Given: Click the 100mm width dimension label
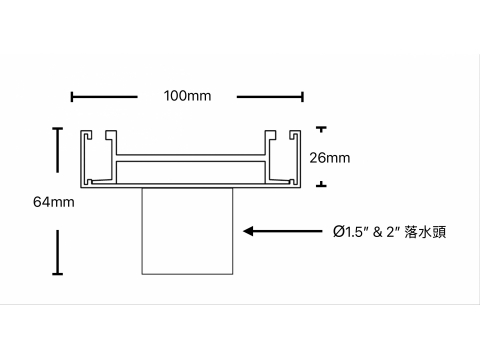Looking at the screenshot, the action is coord(187,96).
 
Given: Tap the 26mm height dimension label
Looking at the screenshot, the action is coord(330,158).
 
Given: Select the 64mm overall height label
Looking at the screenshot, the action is coord(54,202).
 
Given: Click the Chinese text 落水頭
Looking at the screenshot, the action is coord(425,232).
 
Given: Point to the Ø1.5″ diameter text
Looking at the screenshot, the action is coord(348,232).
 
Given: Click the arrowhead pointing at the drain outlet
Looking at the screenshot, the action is coord(249,231).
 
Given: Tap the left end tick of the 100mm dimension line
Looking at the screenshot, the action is coord(72,97).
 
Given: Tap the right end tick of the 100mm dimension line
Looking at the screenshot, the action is coord(302,97).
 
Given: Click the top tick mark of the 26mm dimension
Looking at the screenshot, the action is coord(321,129).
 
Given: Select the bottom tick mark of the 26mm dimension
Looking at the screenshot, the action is coord(321,184).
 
